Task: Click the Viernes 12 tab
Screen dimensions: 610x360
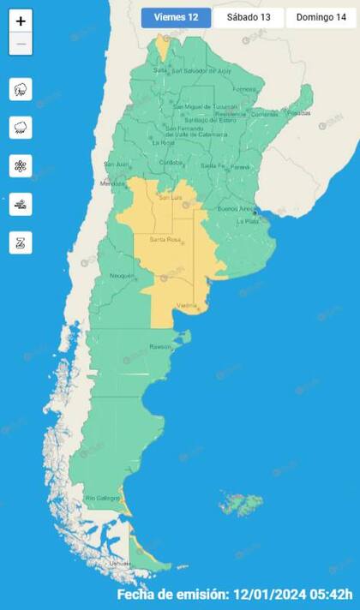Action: pyautogui.click(x=176, y=17)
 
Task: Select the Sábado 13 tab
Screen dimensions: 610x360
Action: pyautogui.click(x=249, y=17)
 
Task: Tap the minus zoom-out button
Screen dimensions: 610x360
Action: pyautogui.click(x=21, y=44)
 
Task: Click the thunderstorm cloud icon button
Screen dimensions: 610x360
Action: pyautogui.click(x=21, y=89)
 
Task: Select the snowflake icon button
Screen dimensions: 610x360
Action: pyautogui.click(x=21, y=165)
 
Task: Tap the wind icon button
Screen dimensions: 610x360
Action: pyautogui.click(x=21, y=204)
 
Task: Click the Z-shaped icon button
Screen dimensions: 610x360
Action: pyautogui.click(x=21, y=242)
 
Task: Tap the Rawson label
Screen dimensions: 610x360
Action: pyautogui.click(x=162, y=347)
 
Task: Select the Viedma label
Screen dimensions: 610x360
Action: pyautogui.click(x=186, y=306)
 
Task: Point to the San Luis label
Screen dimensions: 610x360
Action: pyautogui.click(x=171, y=197)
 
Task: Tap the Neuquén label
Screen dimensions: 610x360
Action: pyautogui.click(x=122, y=275)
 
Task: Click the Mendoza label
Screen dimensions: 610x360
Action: pyautogui.click(x=113, y=183)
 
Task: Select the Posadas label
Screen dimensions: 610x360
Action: pyautogui.click(x=298, y=112)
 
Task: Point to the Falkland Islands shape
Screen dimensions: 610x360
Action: pyautogui.click(x=243, y=504)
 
